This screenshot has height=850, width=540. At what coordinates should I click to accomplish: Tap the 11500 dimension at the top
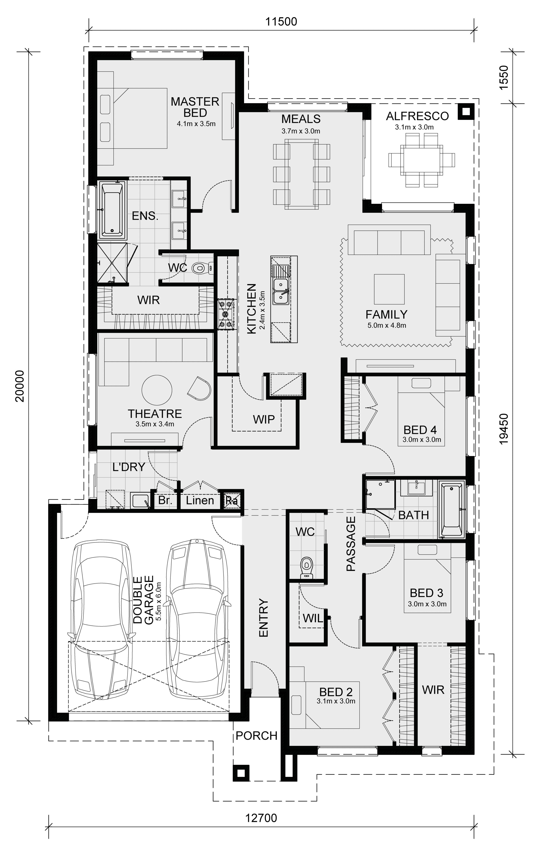tap(281, 22)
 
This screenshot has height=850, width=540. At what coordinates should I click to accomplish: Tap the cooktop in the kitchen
tap(226, 314)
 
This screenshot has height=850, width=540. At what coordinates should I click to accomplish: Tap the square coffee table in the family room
tap(389, 289)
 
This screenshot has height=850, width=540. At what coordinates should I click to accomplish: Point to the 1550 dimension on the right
tap(504, 77)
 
